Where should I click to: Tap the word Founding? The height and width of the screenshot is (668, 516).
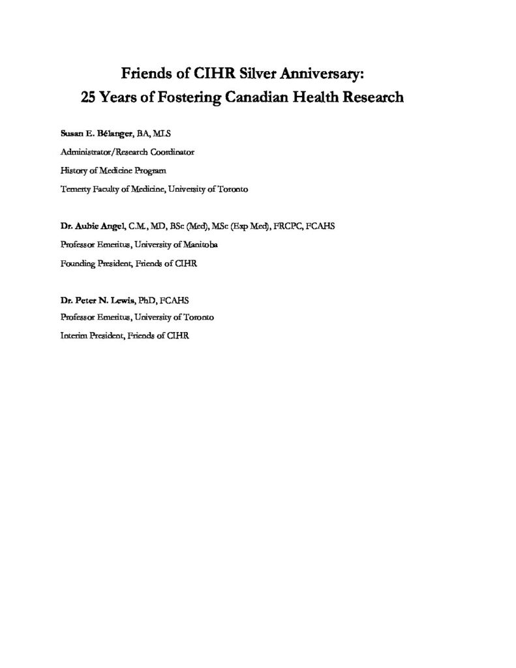pyautogui.click(x=78, y=263)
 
